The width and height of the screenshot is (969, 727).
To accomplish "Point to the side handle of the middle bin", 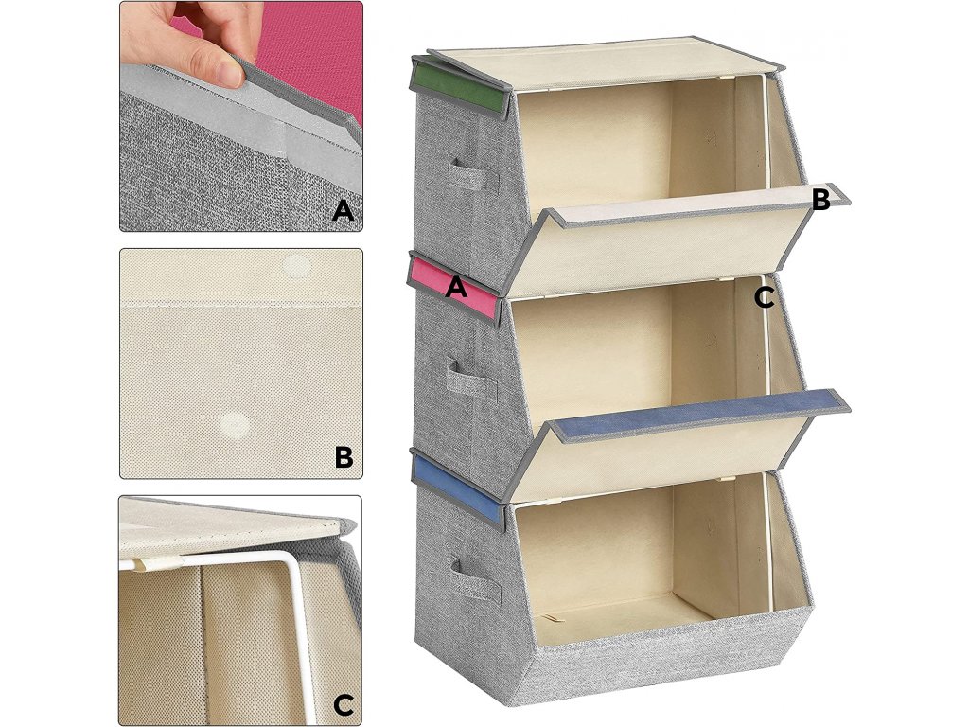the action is [x=471, y=377].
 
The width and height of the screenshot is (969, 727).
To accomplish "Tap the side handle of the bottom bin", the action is [x=475, y=581].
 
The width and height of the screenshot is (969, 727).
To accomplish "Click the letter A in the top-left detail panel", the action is [x=343, y=211].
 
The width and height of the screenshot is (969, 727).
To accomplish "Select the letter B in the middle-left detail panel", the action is [x=344, y=457].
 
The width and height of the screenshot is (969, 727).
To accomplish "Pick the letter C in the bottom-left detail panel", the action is [x=343, y=704].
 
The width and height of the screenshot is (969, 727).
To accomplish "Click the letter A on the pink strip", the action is [x=456, y=288].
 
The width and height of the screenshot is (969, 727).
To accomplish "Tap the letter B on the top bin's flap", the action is [x=820, y=200].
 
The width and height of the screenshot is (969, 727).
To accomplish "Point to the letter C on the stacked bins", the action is [x=765, y=298].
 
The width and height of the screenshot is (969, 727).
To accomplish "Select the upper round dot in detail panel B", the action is [x=295, y=266].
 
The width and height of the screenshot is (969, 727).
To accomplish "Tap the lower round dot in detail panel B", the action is [x=236, y=425].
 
